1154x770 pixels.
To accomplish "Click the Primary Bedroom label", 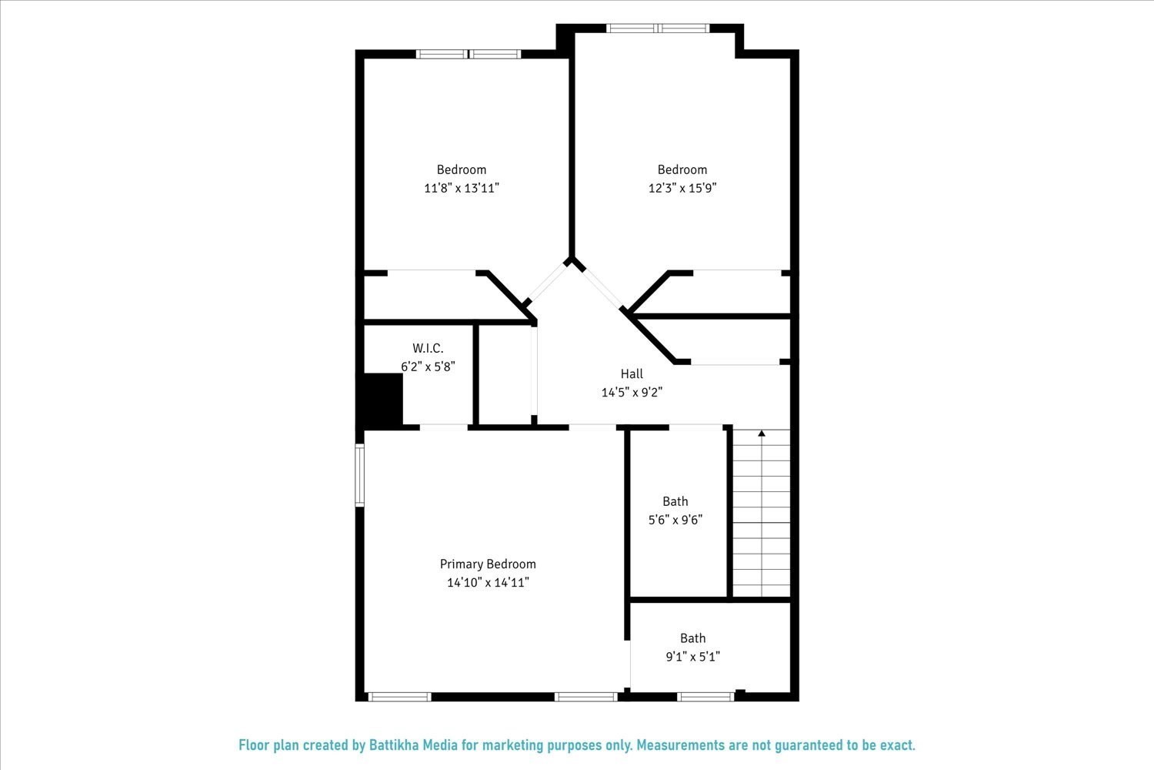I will pyautogui.click(x=488, y=564).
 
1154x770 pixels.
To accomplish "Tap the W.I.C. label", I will pyautogui.click(x=428, y=349).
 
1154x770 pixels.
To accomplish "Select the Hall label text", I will pyautogui.click(x=632, y=374).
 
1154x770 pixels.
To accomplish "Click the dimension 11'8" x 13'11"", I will pyautogui.click(x=462, y=188).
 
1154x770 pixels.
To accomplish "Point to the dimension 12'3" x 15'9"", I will pyautogui.click(x=682, y=188).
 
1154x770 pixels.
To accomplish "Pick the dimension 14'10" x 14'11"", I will pyautogui.click(x=488, y=583).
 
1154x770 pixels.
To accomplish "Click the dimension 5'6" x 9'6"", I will pyautogui.click(x=675, y=520).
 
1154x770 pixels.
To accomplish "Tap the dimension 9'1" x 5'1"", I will pyautogui.click(x=692, y=657).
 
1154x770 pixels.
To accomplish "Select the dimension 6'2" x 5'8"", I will pyautogui.click(x=428, y=367).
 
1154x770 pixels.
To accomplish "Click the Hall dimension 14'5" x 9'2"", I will pyautogui.click(x=632, y=392).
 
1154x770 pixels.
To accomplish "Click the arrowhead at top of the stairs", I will pyautogui.click(x=762, y=434).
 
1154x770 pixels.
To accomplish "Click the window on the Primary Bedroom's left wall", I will pyautogui.click(x=359, y=475).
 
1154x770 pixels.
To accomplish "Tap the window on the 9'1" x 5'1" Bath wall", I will pyautogui.click(x=706, y=697).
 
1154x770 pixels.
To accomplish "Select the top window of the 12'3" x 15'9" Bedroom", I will pyautogui.click(x=657, y=28).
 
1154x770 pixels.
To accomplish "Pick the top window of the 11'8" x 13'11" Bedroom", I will pyautogui.click(x=469, y=54).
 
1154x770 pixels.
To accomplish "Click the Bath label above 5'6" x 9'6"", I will pyautogui.click(x=675, y=501).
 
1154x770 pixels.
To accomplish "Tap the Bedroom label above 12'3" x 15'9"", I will pyautogui.click(x=682, y=169).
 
